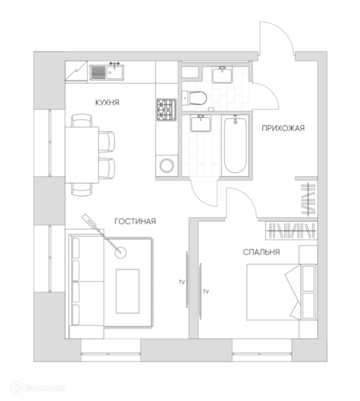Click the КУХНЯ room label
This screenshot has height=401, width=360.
[x=107, y=102]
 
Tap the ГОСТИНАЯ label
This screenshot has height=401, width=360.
[x=135, y=221]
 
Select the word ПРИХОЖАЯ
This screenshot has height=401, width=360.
[x=283, y=128]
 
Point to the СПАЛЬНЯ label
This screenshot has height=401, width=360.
[x=261, y=252]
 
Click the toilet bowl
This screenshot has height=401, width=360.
[x=195, y=98]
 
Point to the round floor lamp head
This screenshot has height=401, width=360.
[x=121, y=252]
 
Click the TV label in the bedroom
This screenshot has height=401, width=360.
[x=205, y=291]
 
